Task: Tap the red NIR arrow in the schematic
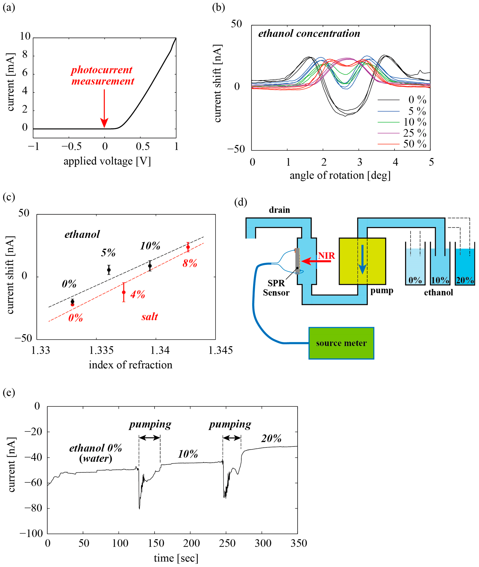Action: (316, 261)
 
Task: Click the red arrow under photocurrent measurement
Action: (104, 108)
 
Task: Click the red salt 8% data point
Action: (188, 247)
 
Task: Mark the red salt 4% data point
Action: (124, 292)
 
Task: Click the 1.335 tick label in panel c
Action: (101, 351)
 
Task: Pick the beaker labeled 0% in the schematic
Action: (415, 267)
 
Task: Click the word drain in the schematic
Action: (279, 210)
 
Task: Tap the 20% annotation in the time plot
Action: (271, 438)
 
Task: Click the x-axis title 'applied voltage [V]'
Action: (107, 161)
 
